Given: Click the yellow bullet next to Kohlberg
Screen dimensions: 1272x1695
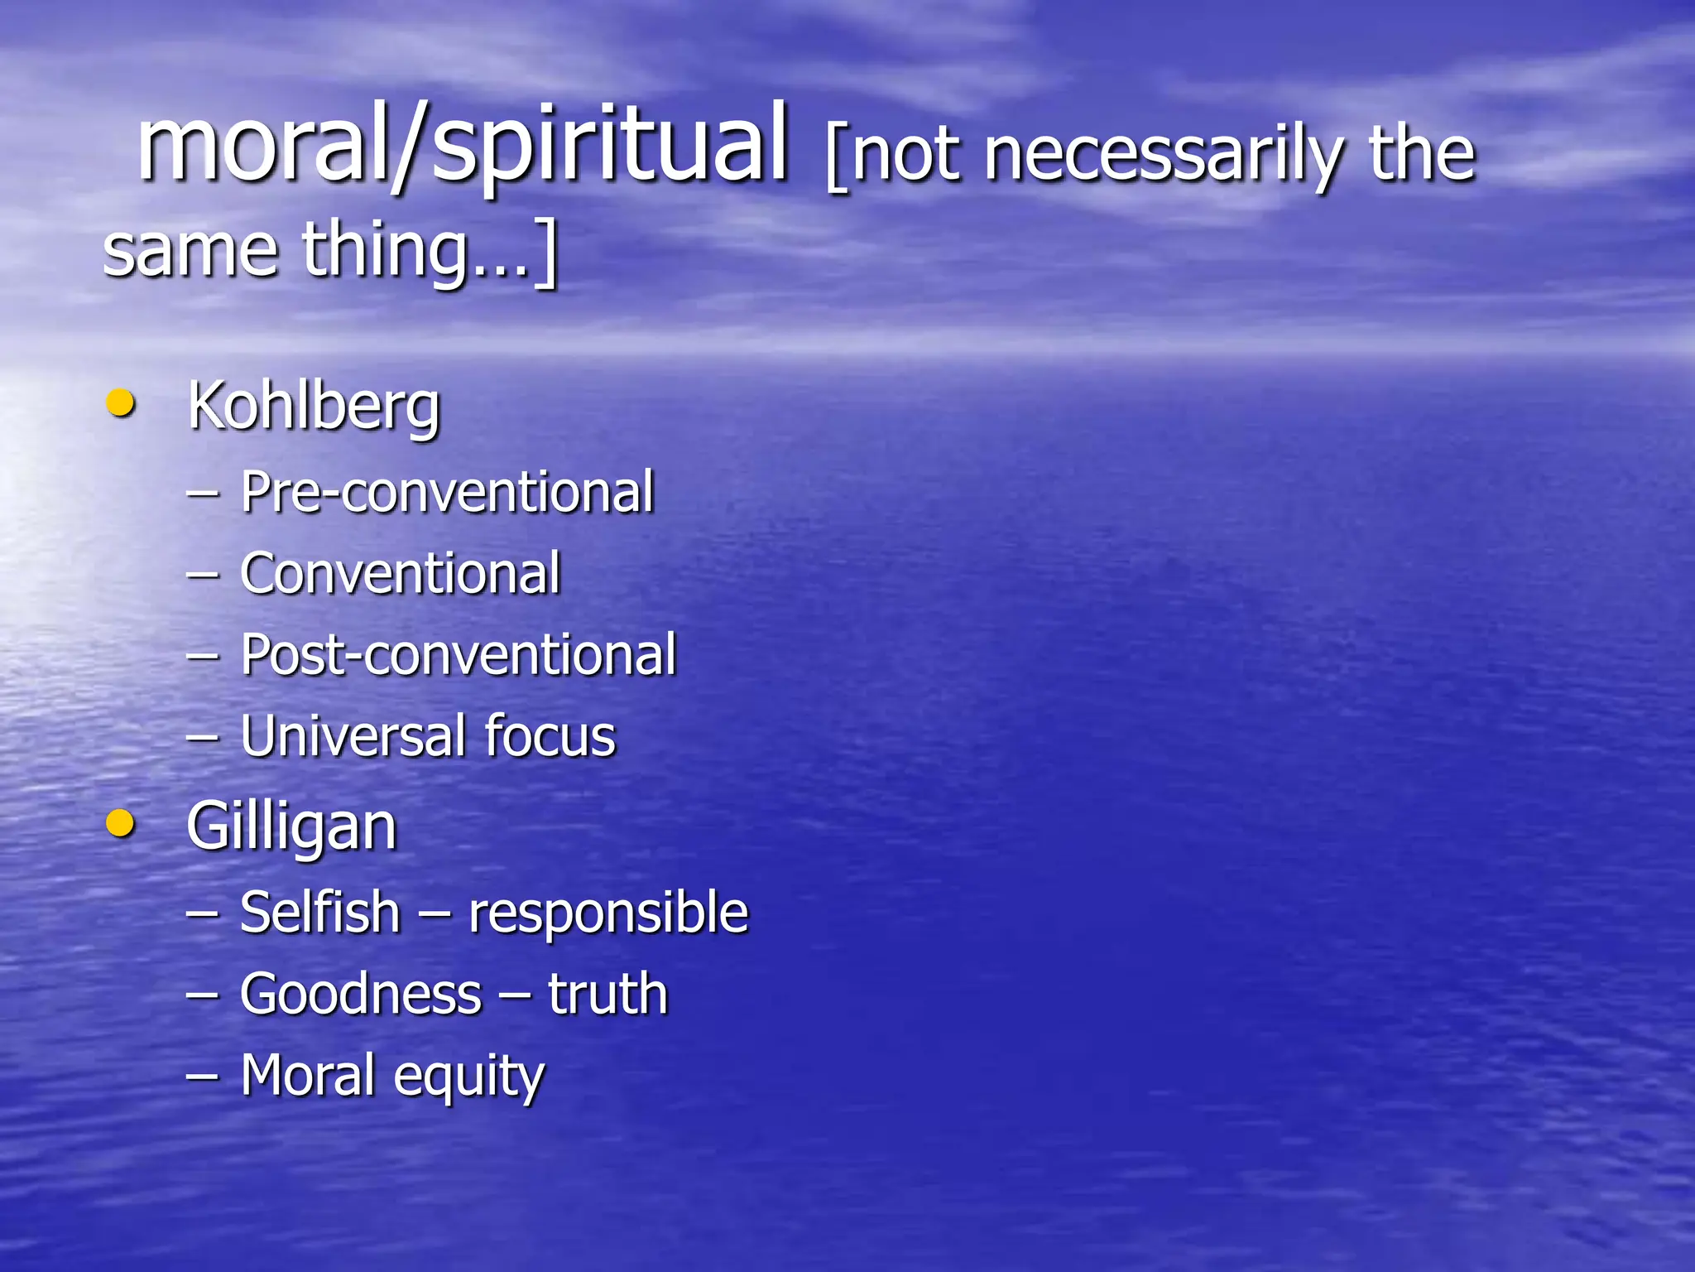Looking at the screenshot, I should click(121, 403).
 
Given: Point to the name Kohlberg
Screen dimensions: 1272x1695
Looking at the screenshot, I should click(314, 407).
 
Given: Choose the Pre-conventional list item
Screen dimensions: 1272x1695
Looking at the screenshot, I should click(447, 493).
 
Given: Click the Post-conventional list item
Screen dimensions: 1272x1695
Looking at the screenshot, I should click(459, 655).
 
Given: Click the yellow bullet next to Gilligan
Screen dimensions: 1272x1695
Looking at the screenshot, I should click(121, 823).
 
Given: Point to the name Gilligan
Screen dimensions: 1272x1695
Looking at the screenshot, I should click(291, 827).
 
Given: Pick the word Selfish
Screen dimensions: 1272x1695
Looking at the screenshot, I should click(319, 912).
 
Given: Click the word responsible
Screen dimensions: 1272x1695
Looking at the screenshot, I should click(608, 913).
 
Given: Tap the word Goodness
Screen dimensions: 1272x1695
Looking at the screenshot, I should click(361, 994).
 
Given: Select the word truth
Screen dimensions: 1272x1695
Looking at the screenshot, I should click(607, 994).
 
